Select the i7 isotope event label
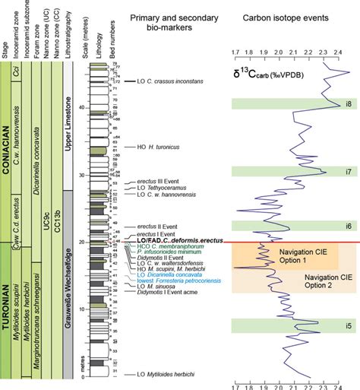pyautogui.click(x=348, y=172)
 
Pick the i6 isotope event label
pyautogui.click(x=348, y=226)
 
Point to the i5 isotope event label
pyautogui.click(x=348, y=326)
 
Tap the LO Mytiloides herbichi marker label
pyautogui.click(x=169, y=375)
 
